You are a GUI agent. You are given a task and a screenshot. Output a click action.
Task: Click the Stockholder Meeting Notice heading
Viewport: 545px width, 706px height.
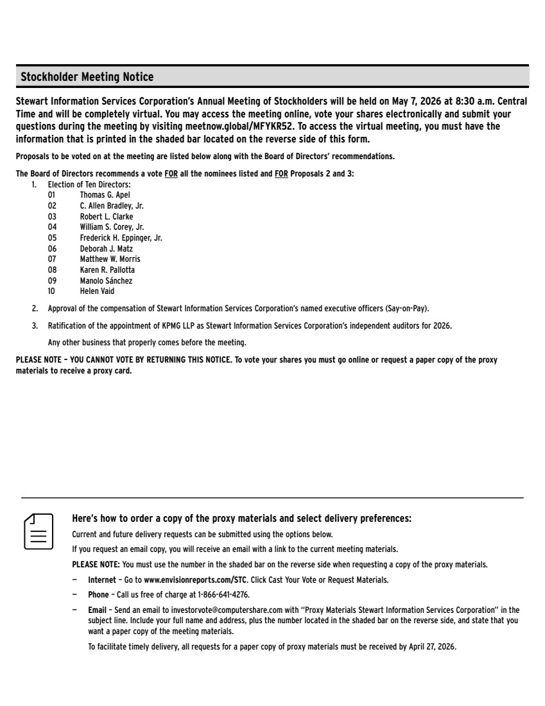tap(87, 77)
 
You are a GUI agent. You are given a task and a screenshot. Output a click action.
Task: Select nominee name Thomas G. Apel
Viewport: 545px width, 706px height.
tap(105, 194)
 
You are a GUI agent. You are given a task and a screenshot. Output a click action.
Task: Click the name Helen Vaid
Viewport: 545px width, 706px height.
tap(97, 291)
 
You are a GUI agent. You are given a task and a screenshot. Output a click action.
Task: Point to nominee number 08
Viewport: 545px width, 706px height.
tap(52, 270)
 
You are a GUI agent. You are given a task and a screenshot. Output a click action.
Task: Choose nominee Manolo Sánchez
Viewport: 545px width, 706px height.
tap(106, 280)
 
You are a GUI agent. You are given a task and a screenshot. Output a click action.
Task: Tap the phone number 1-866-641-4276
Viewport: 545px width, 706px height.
tap(225, 594)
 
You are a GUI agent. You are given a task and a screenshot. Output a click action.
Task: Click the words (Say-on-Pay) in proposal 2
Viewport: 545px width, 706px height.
tap(406, 308)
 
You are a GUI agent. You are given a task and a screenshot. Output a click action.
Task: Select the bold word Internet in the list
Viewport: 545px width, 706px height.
tap(102, 580)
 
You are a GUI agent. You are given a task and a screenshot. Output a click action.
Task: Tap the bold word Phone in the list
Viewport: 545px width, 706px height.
tap(98, 594)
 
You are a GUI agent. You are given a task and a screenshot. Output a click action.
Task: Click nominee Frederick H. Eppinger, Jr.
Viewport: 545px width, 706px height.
tap(121, 237)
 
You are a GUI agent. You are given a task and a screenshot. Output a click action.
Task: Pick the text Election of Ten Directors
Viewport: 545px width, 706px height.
tap(89, 185)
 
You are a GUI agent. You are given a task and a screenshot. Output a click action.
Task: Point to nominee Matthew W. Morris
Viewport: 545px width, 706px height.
tap(110, 259)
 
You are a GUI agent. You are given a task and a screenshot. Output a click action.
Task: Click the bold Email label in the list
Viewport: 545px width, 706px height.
tap(98, 610)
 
